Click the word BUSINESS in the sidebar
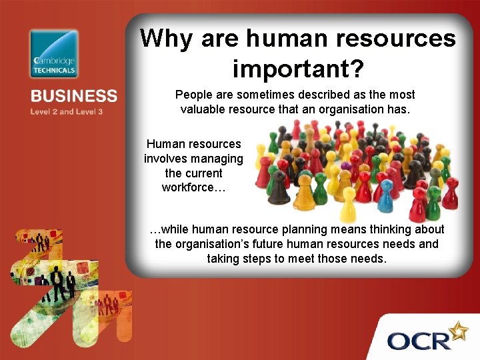(73, 97)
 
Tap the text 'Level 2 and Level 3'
(67, 111)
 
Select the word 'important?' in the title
(297, 67)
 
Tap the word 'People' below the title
(193, 95)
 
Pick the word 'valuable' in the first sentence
(202, 109)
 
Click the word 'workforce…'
(193, 187)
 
